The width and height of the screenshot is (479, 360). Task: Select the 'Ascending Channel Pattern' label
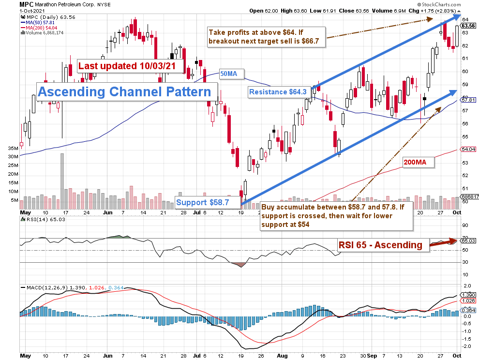pyautogui.click(x=125, y=91)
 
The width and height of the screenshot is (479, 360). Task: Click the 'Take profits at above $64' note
pyautogui.click(x=267, y=37)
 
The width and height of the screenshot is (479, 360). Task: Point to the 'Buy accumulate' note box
pyautogui.click(x=336, y=215)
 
